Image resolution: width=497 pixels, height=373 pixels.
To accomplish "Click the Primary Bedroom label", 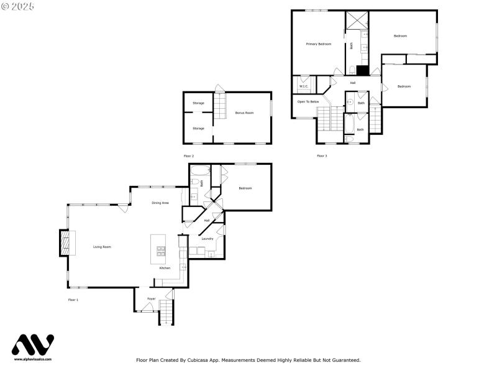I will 318,44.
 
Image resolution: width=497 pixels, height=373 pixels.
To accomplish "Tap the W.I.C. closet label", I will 304,86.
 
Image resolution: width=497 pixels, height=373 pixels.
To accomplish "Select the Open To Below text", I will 308,101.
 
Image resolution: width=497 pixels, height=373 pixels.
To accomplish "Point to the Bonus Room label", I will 244,113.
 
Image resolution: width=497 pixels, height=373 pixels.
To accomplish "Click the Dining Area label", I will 160,203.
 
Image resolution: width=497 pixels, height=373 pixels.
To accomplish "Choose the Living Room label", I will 102,247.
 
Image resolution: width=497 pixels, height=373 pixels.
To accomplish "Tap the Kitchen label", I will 165,268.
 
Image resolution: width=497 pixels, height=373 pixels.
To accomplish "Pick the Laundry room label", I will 207,239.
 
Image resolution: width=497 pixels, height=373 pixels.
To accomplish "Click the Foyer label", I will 151,299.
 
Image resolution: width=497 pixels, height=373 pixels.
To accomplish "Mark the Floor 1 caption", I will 73,300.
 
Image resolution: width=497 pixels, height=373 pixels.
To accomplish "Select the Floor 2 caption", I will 188,155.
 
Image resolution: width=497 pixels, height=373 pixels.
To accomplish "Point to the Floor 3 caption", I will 321,155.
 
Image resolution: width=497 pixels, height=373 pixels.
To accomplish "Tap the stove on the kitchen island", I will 160,251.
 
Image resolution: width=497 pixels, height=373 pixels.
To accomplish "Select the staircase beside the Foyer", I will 166,310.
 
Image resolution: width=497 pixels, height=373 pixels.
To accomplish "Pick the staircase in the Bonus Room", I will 221,107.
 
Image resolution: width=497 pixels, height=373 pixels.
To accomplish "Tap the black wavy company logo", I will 33,345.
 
